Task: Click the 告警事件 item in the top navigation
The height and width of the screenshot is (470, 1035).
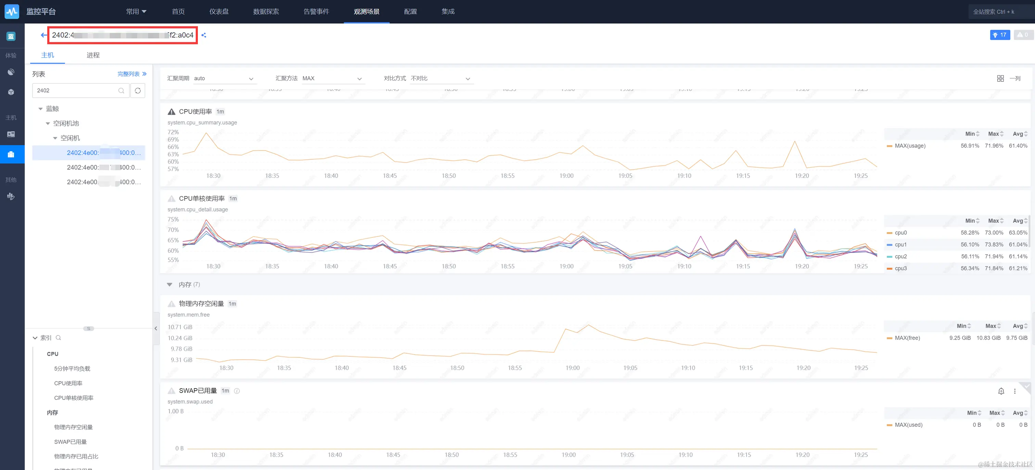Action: pos(316,12)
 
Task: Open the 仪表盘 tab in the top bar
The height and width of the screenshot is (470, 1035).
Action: pos(219,12)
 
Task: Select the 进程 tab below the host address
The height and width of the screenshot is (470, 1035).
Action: pos(93,55)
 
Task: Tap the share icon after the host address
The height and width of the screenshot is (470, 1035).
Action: pos(204,35)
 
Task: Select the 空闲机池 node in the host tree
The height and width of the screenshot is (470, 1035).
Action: pos(66,123)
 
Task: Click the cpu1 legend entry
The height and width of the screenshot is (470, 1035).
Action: pos(900,245)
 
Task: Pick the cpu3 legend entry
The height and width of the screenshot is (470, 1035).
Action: pos(900,268)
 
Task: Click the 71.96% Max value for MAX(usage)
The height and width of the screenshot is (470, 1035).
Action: pos(994,146)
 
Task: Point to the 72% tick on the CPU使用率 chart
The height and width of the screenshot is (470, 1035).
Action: pos(173,132)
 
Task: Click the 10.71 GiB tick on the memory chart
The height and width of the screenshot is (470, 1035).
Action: pos(180,327)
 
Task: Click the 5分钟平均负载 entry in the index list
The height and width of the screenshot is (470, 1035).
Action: pos(72,369)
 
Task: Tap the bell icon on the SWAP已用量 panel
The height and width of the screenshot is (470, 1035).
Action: pos(1001,391)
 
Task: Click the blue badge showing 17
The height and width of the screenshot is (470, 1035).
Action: pos(1000,35)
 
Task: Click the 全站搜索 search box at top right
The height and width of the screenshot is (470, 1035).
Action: pos(1000,12)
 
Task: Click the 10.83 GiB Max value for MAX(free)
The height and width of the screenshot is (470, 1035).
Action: pos(988,338)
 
